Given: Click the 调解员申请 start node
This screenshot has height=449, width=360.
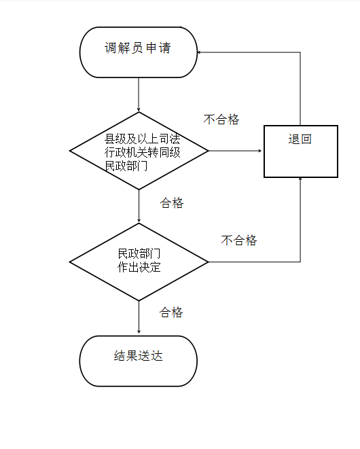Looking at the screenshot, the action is [x=139, y=52].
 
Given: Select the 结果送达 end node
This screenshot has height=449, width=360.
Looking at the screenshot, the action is [x=139, y=361].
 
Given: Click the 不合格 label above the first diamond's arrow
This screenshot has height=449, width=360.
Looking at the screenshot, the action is [x=221, y=120].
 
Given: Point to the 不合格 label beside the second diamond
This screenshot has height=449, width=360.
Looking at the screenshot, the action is [x=239, y=240].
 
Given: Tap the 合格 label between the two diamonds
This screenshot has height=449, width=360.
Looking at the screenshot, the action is [x=172, y=203].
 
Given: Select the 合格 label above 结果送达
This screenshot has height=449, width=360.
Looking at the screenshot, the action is [x=171, y=312].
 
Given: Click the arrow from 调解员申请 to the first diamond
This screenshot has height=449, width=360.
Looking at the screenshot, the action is [x=139, y=94].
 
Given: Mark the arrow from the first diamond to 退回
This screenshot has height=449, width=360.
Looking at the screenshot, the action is [x=235, y=151].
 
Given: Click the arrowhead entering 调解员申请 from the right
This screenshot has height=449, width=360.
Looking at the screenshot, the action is [x=199, y=52].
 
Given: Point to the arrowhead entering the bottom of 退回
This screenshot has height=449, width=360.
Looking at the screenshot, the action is [x=300, y=179].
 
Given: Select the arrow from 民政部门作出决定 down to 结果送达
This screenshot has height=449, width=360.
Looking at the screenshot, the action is [x=139, y=317].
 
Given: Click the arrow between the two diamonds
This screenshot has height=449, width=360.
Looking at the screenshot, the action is [x=139, y=206].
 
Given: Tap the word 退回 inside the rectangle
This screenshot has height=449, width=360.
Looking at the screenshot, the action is [x=300, y=139].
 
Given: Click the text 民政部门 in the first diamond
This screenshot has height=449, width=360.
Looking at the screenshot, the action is [x=126, y=166].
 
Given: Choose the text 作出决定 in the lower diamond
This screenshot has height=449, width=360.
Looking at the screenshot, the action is [x=139, y=267].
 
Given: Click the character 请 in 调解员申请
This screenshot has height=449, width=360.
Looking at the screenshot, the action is [x=165, y=48].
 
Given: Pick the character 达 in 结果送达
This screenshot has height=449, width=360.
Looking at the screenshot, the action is [x=157, y=356].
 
